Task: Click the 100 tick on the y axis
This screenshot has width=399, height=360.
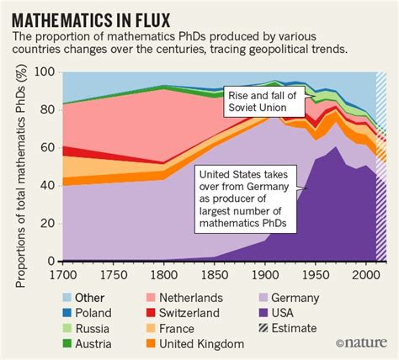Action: coord(47,73)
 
